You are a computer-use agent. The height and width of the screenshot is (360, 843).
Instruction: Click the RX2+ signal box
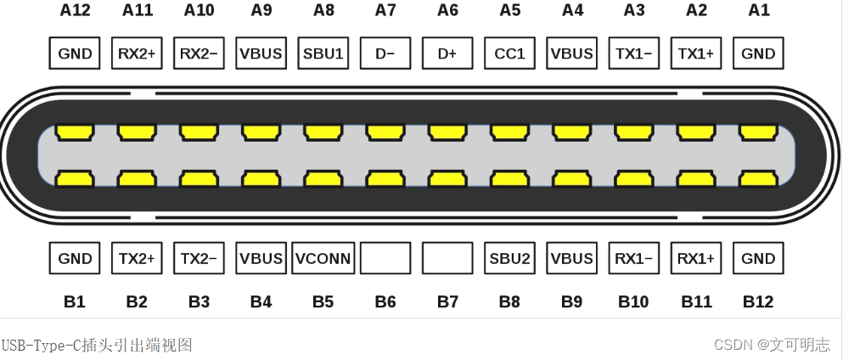[137, 53]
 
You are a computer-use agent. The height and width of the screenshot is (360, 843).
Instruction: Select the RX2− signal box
[199, 53]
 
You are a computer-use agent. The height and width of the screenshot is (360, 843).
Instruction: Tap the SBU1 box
[323, 53]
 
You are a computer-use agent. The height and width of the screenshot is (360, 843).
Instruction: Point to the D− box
[385, 53]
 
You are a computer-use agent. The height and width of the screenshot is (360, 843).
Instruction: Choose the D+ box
[447, 53]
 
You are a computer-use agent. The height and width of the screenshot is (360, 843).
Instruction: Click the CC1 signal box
[509, 53]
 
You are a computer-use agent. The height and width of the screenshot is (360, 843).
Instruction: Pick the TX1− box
[634, 53]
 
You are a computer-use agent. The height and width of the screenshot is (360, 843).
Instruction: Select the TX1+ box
[696, 53]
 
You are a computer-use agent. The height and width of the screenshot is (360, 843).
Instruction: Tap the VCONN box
[323, 258]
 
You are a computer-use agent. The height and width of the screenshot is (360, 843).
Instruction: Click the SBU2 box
[509, 258]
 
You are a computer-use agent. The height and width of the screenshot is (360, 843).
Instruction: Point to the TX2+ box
[137, 258]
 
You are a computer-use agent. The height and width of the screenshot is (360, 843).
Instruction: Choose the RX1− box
[634, 258]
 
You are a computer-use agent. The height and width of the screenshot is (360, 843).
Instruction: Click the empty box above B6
[385, 258]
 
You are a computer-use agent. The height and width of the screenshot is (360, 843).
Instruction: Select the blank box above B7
[447, 258]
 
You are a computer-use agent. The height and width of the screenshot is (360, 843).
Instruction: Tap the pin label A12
[75, 10]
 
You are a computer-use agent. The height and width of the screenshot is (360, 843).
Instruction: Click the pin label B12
[758, 301]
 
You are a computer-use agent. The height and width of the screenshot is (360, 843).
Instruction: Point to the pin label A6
[447, 10]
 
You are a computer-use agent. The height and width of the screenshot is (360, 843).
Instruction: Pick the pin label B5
[323, 301]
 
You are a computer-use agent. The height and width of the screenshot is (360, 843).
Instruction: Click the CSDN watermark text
[772, 345]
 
